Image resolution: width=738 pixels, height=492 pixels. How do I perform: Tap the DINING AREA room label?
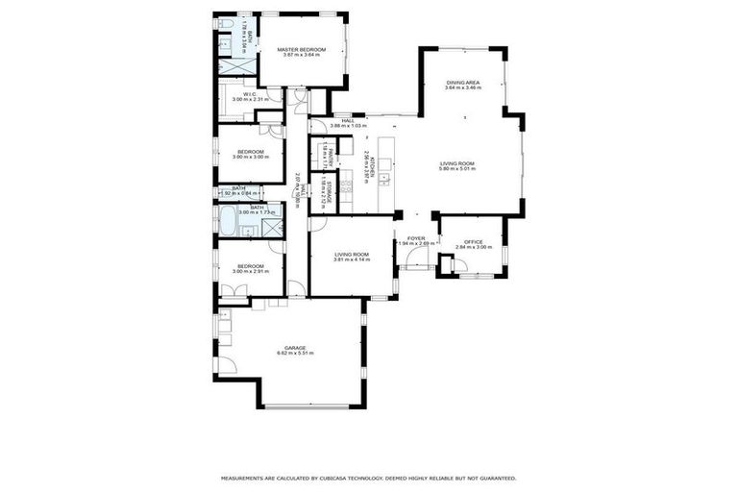pyautogui.click(x=462, y=83)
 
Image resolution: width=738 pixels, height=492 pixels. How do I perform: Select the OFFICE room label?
pyautogui.click(x=473, y=242)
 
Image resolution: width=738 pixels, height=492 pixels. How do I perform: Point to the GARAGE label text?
pyautogui.click(x=294, y=348)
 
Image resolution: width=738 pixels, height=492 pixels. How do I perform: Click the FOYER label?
pyautogui.click(x=416, y=237)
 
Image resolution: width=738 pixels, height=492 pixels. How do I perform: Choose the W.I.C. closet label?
pyautogui.click(x=248, y=94)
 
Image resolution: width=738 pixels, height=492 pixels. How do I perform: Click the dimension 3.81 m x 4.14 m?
pyautogui.click(x=352, y=259)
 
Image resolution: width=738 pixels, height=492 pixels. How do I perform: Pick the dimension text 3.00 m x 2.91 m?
pyautogui.click(x=250, y=272)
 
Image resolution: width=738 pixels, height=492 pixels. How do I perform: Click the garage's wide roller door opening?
pyautogui.click(x=307, y=407)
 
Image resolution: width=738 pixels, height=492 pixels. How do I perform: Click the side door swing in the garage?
pyautogui.click(x=226, y=364)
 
